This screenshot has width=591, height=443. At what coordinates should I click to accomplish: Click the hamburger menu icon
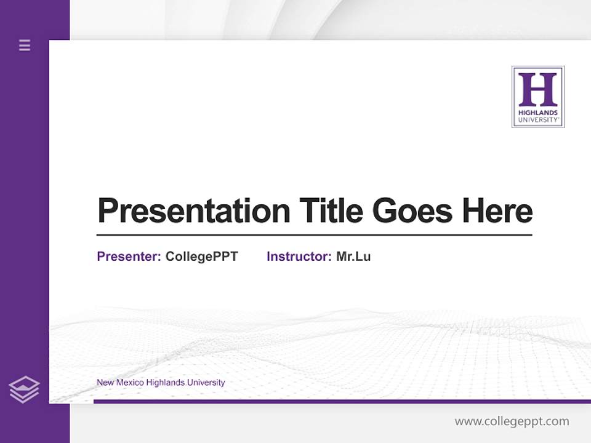coord(25,45)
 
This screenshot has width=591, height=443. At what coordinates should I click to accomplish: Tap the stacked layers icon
coord(24,389)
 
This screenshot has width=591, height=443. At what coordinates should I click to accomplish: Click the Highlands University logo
coord(537,97)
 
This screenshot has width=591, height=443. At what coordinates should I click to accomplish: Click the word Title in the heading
coord(331,211)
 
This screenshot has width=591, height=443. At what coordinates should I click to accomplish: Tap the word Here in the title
coord(497,211)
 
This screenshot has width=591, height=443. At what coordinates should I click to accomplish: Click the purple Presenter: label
coord(129,257)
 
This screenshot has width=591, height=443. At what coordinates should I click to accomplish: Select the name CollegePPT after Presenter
coord(202,257)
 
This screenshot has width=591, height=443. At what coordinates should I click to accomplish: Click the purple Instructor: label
coord(299,257)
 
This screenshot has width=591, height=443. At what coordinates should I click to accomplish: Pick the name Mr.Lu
coord(353,257)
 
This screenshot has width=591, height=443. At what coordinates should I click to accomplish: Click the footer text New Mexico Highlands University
coord(161,383)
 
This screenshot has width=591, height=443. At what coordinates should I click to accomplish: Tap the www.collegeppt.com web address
coord(512,421)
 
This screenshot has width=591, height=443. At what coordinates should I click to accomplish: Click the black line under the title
coord(314,235)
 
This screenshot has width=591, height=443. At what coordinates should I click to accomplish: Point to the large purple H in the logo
coord(537,89)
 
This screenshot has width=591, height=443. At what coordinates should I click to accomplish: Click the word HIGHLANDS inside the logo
coord(537,113)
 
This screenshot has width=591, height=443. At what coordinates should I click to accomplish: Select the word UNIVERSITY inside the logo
coord(537,120)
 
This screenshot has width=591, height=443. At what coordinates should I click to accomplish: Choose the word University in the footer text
coord(206,383)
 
